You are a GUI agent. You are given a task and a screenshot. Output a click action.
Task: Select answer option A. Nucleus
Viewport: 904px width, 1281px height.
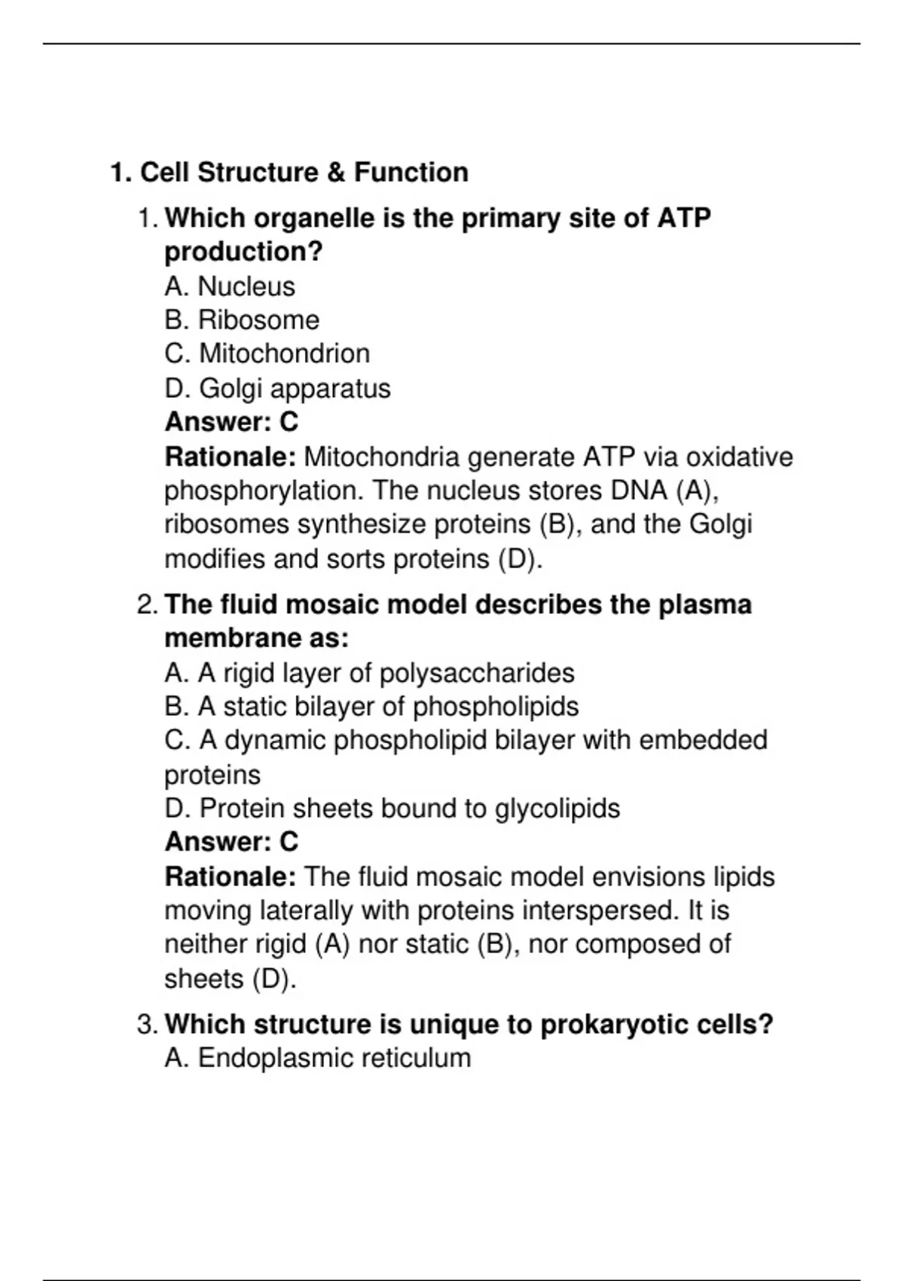(x=230, y=286)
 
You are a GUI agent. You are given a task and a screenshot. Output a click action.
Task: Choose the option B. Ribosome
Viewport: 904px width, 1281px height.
(x=242, y=320)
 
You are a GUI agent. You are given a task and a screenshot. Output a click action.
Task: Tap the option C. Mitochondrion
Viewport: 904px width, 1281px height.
(x=267, y=354)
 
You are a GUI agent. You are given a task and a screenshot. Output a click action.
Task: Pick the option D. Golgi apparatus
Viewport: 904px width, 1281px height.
(x=277, y=389)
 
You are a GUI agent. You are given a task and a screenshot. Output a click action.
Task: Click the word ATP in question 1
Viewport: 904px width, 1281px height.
(x=684, y=218)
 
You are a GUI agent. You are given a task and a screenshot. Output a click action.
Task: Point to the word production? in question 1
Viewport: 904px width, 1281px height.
(x=243, y=252)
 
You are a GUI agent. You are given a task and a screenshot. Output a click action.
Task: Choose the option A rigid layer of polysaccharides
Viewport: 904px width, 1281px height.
(x=369, y=673)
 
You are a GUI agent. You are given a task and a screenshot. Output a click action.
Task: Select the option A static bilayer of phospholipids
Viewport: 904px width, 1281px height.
(x=371, y=707)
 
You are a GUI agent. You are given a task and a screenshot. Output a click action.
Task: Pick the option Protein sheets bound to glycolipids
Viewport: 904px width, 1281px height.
(x=392, y=809)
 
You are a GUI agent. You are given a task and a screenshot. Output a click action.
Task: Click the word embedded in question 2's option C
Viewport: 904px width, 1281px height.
(x=703, y=740)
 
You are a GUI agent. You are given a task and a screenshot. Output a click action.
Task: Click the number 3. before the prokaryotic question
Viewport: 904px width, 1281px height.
(x=148, y=1025)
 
